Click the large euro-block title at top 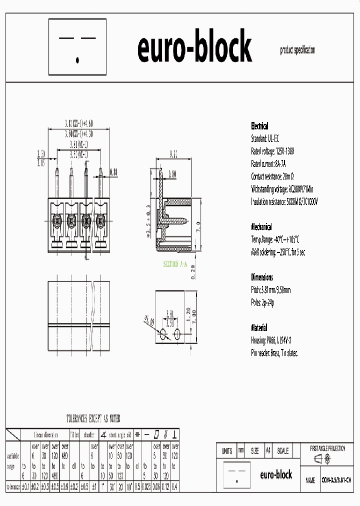point(194,48)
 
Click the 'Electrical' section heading point(259,126)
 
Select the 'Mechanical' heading point(262,225)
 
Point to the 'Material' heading point(259,328)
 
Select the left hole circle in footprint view point(163,335)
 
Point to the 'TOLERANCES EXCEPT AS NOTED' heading point(93,418)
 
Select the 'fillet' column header point(74,434)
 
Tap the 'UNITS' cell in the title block point(226,451)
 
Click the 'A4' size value point(268,451)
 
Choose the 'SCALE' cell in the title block point(282,451)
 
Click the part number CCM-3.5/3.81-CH point(336,480)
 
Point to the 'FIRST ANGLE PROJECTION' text point(327,448)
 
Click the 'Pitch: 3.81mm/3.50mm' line point(270,290)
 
